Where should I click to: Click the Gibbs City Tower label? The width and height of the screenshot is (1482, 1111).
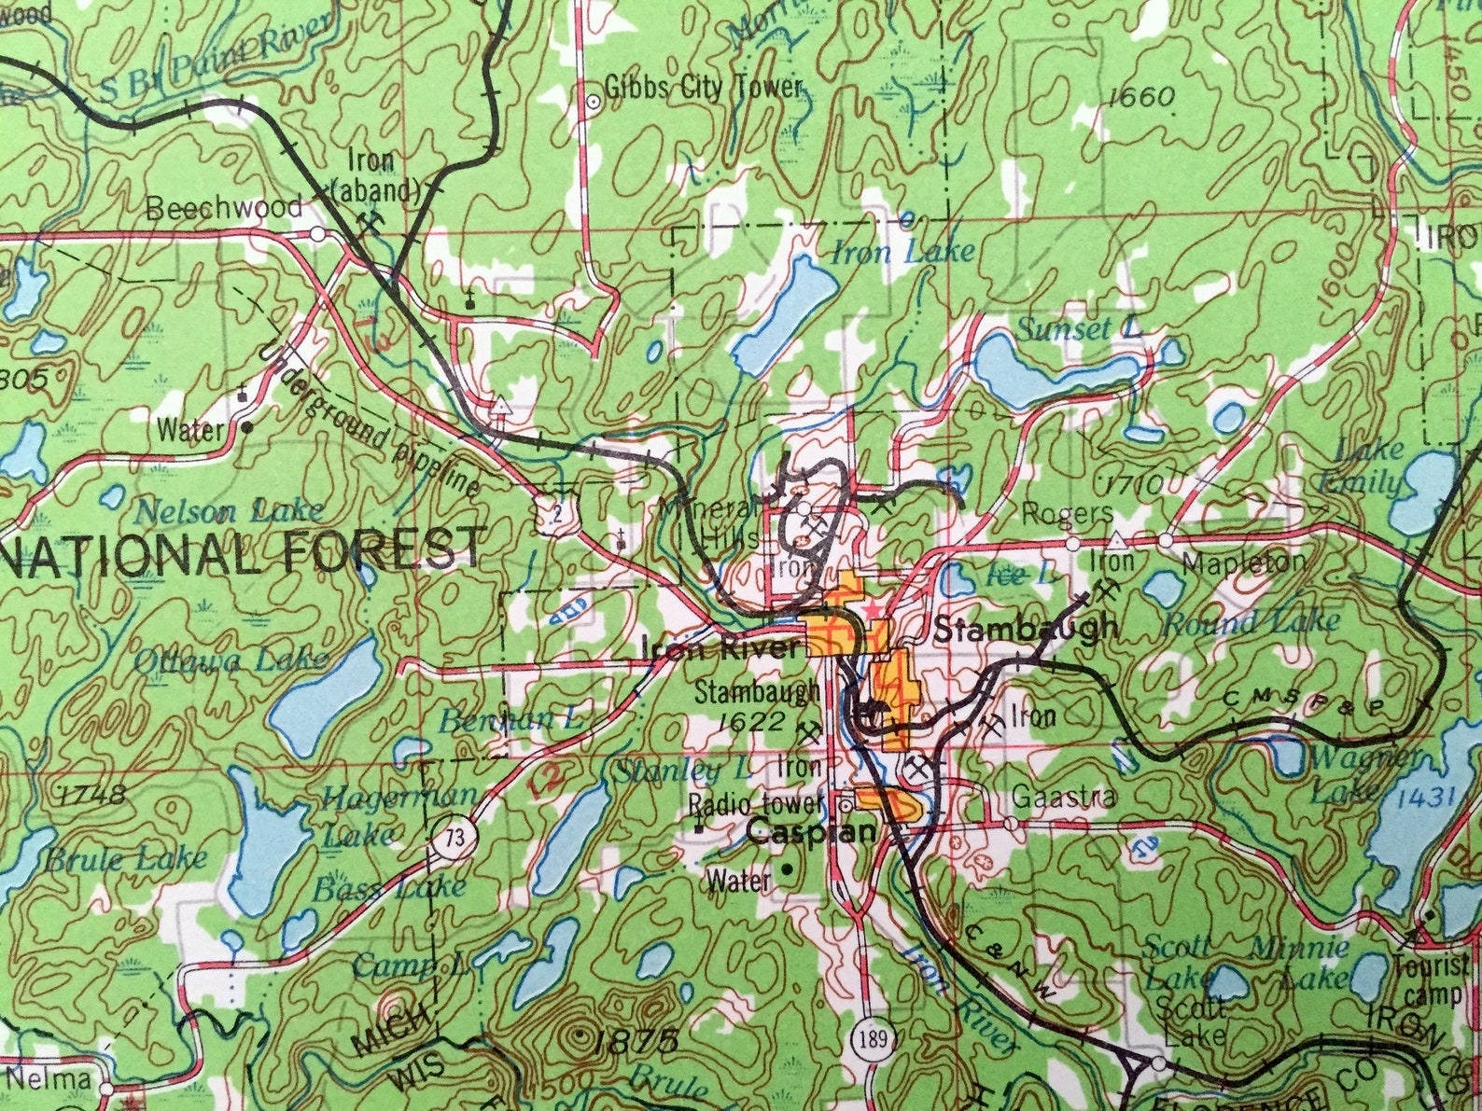[x=702, y=89]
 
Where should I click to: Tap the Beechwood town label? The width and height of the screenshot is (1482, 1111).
[x=224, y=207]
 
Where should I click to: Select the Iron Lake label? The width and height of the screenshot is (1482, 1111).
[x=902, y=250]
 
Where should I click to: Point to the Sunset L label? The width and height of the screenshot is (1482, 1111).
[x=1078, y=328]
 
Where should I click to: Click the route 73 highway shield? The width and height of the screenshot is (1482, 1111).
[x=454, y=838]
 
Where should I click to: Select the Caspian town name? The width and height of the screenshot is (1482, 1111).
[x=812, y=830]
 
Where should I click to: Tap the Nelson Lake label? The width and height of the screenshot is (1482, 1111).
[x=229, y=511]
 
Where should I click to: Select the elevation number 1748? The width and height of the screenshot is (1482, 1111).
[x=91, y=795]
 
